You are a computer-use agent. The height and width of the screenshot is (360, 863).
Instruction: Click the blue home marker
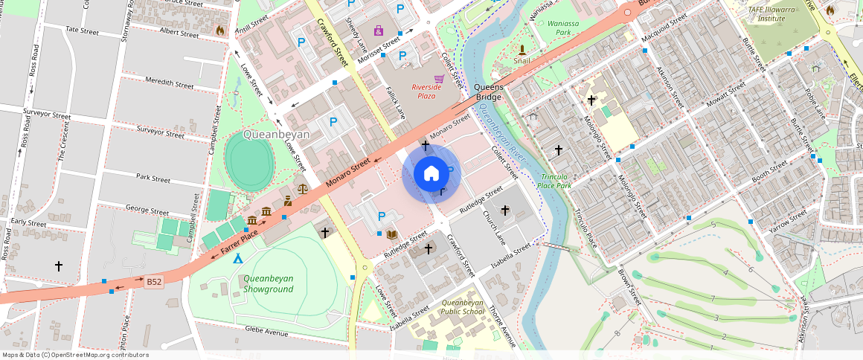coord(431,175)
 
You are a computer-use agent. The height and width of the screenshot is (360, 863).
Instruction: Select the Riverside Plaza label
coord(426,91)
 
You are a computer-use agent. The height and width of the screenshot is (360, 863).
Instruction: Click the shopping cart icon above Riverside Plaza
coord(439,78)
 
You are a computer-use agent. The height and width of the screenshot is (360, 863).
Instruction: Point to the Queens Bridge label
coord(489,92)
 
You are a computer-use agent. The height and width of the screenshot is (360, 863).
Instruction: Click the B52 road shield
coord(154,282)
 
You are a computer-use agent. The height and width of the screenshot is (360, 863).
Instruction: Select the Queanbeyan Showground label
coord(268,283)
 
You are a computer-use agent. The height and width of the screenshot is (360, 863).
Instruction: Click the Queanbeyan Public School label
coord(462,307)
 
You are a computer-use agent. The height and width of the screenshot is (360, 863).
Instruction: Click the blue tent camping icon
coord(237,258)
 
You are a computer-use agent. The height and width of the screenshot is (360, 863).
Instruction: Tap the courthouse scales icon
coord(302,188)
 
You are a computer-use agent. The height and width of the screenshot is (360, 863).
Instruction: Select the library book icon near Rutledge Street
coord(391,235)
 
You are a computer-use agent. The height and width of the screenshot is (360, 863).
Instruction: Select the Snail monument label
coord(521,61)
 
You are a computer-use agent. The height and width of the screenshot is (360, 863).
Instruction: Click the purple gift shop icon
coord(379,30)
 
